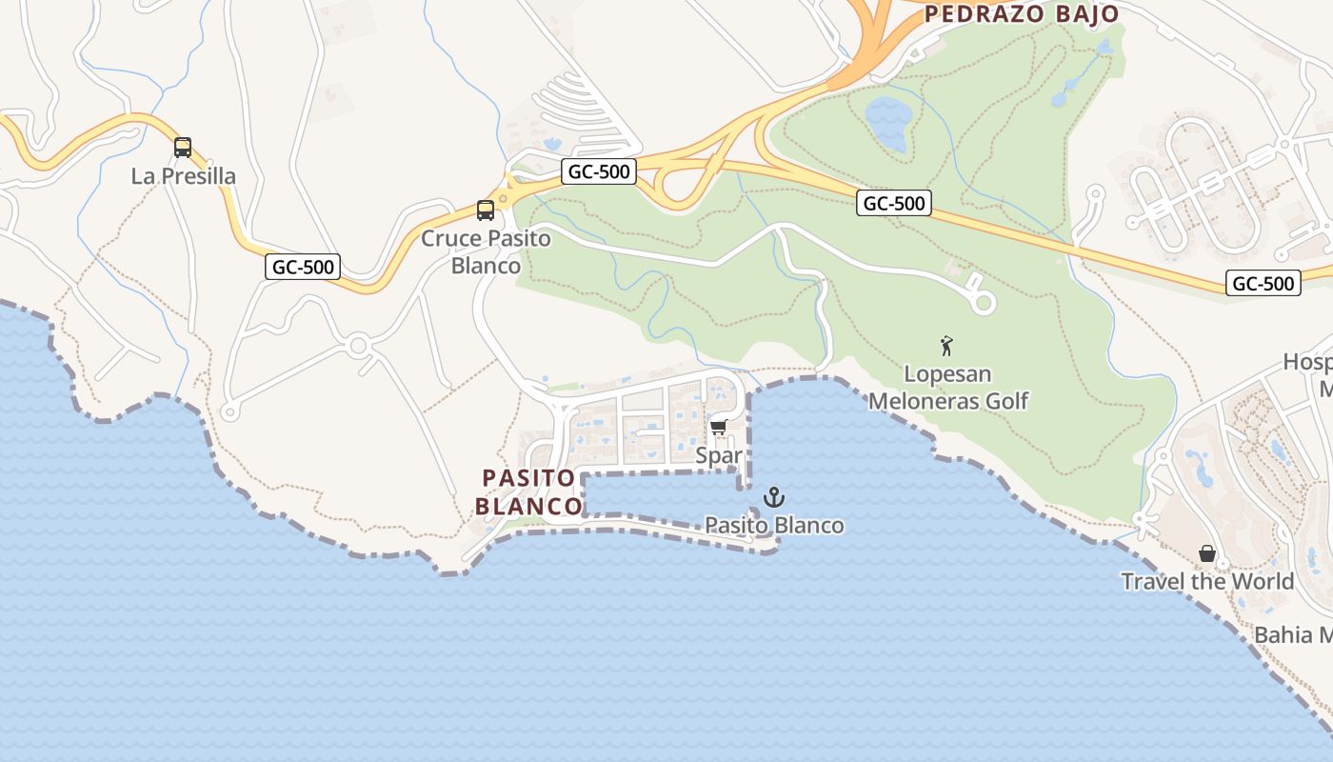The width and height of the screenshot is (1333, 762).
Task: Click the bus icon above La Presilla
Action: [183, 148]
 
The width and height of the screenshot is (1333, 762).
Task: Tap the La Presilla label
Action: [184, 176]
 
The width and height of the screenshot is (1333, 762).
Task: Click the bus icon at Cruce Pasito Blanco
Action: [486, 211]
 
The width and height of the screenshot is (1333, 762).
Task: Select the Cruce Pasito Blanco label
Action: [487, 251]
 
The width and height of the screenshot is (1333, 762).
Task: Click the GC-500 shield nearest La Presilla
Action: [303, 268]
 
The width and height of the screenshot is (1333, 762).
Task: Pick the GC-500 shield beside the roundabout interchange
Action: [598, 171]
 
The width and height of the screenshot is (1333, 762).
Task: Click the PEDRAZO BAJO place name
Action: [1022, 14]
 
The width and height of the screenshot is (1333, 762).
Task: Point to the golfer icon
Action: [946, 346]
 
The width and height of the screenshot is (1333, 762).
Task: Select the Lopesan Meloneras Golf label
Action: [948, 388]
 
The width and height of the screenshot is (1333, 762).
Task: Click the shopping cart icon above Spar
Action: [718, 428]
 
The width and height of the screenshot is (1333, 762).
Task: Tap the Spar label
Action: [718, 455]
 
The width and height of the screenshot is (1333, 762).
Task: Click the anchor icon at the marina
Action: [774, 497]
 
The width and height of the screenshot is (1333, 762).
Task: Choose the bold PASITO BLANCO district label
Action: [530, 491]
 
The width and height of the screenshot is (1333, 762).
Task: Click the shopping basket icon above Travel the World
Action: [1207, 553]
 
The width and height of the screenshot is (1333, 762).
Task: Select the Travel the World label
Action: [1207, 581]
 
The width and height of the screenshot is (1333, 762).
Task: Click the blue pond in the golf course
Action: [888, 122]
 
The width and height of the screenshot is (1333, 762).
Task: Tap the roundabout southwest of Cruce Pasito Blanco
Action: [359, 346]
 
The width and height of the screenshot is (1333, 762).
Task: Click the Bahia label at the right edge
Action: [1293, 635]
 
